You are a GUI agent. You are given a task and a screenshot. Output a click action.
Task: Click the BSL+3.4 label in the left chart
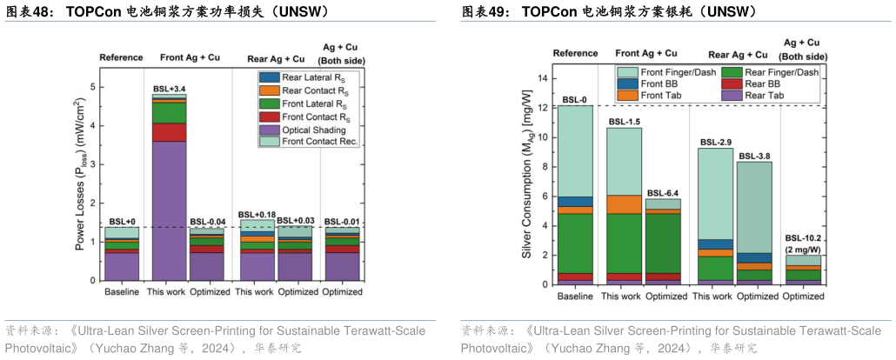(x=169, y=89)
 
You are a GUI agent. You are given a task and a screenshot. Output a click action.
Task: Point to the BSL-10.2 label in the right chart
(x=801, y=237)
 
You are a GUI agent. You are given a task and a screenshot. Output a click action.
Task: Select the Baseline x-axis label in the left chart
(x=122, y=293)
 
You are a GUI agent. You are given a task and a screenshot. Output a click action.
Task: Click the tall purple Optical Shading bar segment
(x=169, y=209)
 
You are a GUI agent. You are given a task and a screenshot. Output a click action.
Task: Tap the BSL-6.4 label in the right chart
(x=663, y=192)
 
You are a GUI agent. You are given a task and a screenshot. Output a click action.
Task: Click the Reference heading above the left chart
(x=121, y=57)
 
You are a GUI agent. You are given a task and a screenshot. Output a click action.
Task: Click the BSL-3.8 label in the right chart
(x=753, y=157)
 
